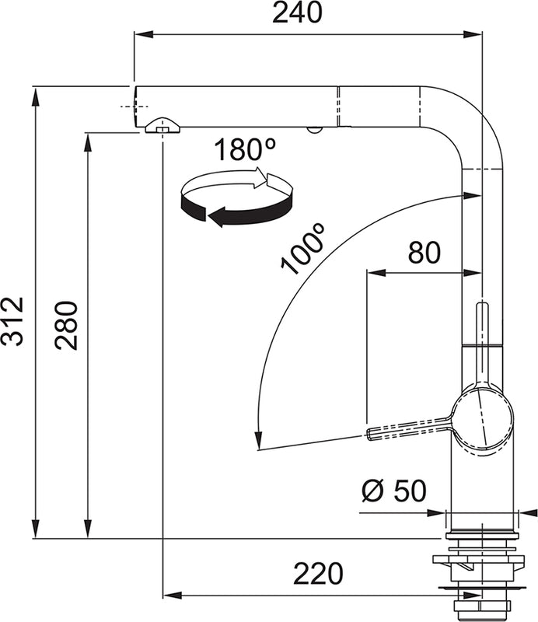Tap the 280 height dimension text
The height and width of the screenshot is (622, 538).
[68, 325]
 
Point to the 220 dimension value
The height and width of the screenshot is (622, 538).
[318, 574]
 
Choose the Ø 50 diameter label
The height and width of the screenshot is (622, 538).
[394, 491]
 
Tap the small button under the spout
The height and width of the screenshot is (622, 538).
[313, 131]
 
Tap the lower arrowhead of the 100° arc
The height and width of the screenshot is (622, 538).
[257, 442]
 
